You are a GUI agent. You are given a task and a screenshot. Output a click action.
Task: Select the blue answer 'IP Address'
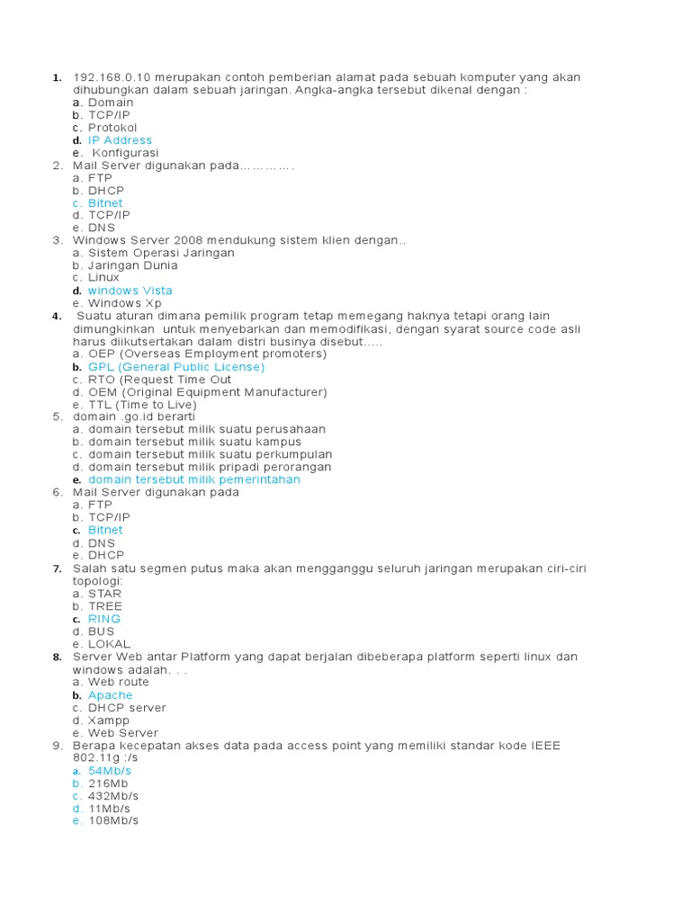pyautogui.click(x=120, y=140)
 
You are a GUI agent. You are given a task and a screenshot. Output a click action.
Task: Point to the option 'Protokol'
pyautogui.click(x=112, y=128)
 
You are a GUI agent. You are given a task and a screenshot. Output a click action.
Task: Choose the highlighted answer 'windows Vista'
pyautogui.click(x=130, y=291)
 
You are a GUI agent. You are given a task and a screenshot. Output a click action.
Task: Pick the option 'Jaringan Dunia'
pyautogui.click(x=132, y=265)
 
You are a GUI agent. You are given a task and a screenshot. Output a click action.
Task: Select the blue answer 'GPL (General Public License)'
pyautogui.click(x=176, y=367)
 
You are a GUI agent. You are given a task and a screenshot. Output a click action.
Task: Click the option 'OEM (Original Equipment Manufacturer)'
pyautogui.click(x=207, y=392)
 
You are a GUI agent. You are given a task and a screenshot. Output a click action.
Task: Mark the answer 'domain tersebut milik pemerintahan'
pyautogui.click(x=194, y=479)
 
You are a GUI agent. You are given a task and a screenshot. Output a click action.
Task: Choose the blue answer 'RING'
pyautogui.click(x=104, y=619)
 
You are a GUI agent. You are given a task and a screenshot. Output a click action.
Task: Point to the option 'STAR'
pyautogui.click(x=104, y=594)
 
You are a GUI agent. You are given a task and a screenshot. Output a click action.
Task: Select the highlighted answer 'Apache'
pyautogui.click(x=110, y=695)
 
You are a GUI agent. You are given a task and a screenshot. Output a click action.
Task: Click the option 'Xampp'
pyautogui.click(x=109, y=720)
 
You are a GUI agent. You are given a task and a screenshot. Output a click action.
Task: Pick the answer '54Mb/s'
pyautogui.click(x=110, y=771)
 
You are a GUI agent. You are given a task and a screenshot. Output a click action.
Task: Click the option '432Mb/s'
pyautogui.click(x=113, y=796)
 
